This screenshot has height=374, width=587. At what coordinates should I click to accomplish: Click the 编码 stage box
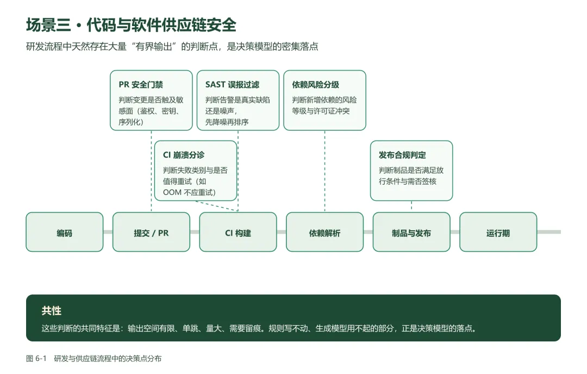click(x=64, y=232)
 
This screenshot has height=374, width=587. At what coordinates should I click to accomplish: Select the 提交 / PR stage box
click(x=151, y=232)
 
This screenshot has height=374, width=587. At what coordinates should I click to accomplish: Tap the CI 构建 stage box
click(x=238, y=232)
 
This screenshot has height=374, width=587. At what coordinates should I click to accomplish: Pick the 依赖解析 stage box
click(x=324, y=232)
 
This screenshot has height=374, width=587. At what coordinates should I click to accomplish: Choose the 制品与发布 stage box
click(x=411, y=232)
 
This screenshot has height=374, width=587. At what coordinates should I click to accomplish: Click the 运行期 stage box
click(x=498, y=232)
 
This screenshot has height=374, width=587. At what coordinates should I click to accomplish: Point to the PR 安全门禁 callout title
click(x=141, y=85)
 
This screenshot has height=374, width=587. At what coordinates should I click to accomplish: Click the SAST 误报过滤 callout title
click(x=232, y=85)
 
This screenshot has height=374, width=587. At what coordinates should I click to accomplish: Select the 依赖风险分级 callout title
click(x=316, y=85)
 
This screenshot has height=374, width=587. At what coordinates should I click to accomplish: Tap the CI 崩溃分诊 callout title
click(x=184, y=155)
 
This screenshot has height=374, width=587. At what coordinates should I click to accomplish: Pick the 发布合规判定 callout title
click(x=402, y=155)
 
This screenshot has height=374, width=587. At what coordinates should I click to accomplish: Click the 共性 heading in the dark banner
click(x=51, y=310)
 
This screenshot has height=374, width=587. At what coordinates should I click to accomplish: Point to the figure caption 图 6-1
click(x=36, y=358)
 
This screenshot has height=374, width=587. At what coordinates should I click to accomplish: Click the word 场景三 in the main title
click(x=49, y=25)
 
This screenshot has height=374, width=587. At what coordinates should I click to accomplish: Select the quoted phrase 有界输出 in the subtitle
click(x=153, y=46)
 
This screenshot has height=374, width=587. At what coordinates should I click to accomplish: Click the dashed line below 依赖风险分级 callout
click(x=324, y=172)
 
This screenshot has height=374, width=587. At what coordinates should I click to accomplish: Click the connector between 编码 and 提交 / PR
click(x=108, y=232)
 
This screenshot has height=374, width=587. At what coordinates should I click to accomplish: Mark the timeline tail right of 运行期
click(x=549, y=232)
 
